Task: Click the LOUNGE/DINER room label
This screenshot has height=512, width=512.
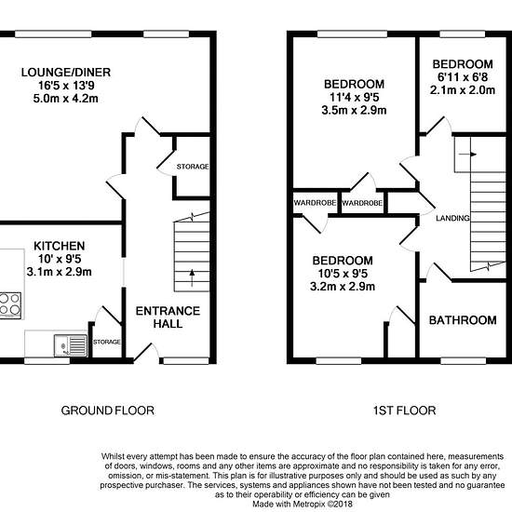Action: point(66,73)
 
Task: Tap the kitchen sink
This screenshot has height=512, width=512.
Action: point(71,345)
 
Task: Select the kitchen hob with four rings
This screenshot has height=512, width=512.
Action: point(10,305)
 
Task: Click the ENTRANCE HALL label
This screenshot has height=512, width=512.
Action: point(168,317)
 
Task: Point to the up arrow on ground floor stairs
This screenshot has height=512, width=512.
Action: point(192,278)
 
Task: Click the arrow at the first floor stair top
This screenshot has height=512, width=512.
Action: point(467,155)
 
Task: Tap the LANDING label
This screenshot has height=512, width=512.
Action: point(452,218)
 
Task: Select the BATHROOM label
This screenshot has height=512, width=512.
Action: point(463,320)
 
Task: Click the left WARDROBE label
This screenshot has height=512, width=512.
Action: point(315,203)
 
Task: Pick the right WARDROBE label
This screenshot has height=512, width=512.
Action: point(362,203)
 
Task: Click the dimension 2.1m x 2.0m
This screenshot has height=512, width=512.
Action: point(463,90)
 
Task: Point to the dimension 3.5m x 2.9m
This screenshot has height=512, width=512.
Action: point(354,111)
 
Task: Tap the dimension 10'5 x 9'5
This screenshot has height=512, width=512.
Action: point(343,274)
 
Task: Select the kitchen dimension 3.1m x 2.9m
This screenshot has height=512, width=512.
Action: point(59,272)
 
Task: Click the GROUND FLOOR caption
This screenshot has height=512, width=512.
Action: point(108,411)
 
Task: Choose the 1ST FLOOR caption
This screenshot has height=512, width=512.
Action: point(405,411)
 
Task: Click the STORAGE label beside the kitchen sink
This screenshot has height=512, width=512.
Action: point(107,342)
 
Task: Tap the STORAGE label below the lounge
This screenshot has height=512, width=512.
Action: point(193,167)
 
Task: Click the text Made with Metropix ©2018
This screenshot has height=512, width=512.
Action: point(303,504)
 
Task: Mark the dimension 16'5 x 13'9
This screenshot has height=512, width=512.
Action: point(66,86)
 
